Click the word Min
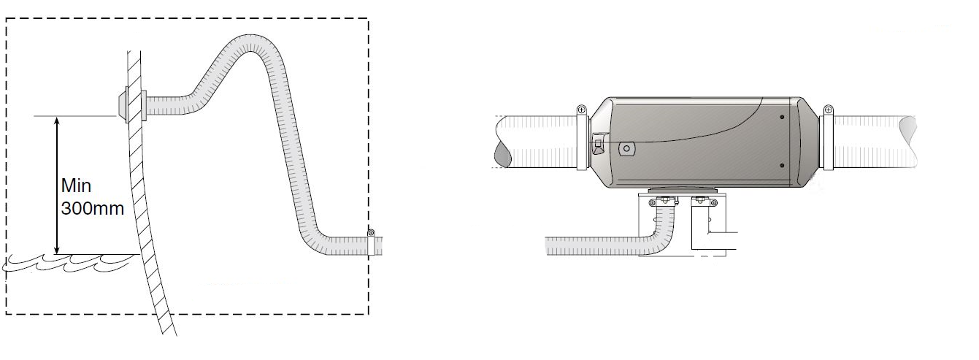pos(76,185)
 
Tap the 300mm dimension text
pos(93,208)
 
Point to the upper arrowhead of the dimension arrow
pos(57,121)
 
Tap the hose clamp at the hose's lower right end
pos(371,242)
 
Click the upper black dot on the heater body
pos(782,117)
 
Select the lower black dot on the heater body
pos(782,166)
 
